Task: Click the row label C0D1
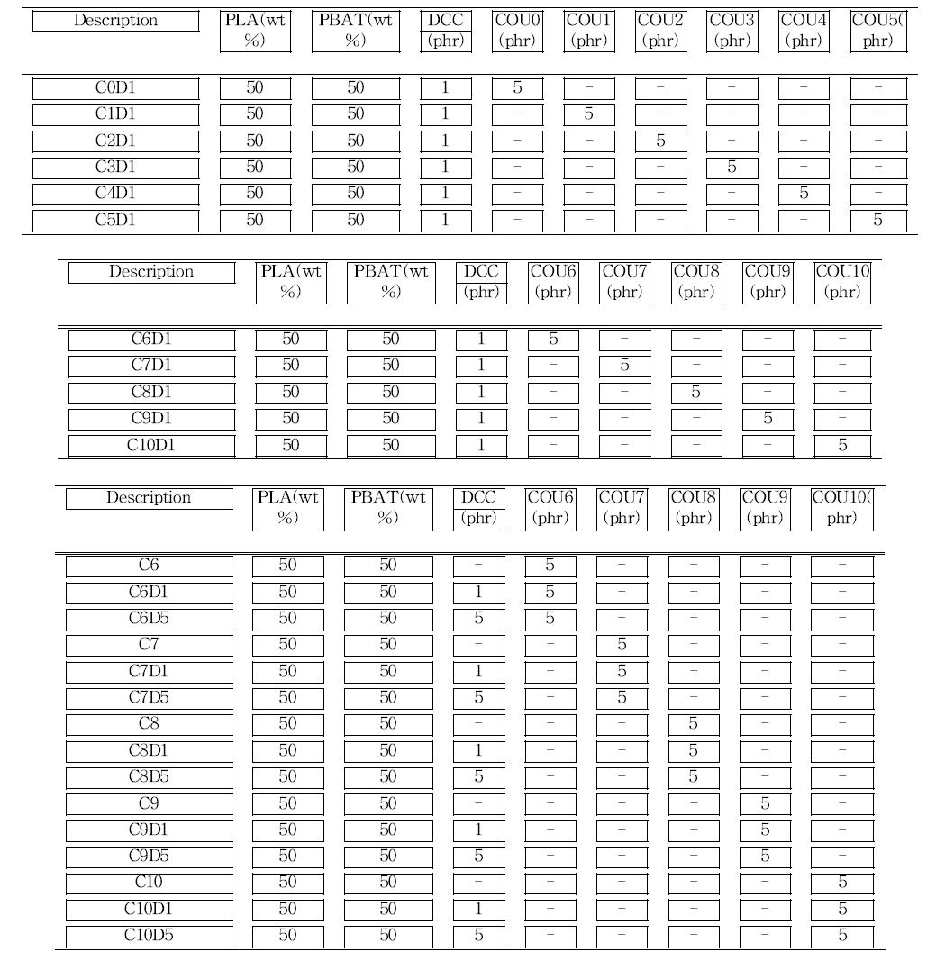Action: tap(115, 88)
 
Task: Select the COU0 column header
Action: tap(517, 31)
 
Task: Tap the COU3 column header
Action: tap(732, 31)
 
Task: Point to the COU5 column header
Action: tap(877, 31)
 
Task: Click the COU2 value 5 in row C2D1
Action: tap(660, 141)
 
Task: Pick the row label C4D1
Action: tap(115, 194)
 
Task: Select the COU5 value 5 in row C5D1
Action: tap(877, 220)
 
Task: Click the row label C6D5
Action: tap(149, 619)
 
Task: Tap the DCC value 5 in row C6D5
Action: tap(478, 619)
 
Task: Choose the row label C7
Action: tap(149, 645)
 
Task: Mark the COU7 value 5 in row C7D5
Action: tap(621, 697)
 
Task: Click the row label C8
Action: tap(149, 723)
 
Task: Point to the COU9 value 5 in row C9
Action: tap(765, 802)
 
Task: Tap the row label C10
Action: tap(149, 882)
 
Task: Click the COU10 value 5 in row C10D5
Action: tap(842, 935)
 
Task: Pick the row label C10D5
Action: tap(149, 935)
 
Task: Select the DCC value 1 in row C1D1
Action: tap(444, 114)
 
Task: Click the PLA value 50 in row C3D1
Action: tap(255, 168)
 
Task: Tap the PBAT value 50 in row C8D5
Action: tap(387, 776)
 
